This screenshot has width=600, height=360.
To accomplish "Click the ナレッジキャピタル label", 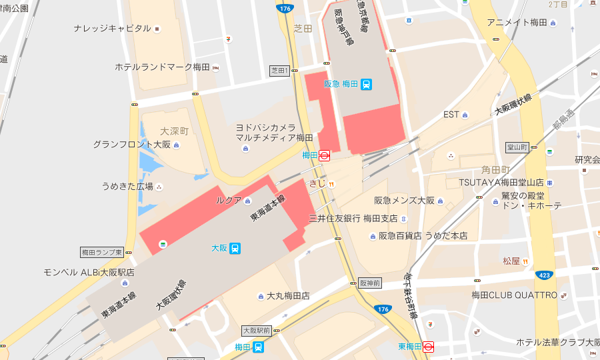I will click(112, 29).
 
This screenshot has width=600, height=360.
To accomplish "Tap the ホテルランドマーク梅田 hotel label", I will click(162, 67).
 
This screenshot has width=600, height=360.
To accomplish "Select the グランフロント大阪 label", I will click(131, 145).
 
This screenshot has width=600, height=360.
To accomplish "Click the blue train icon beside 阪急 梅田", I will click(367, 84).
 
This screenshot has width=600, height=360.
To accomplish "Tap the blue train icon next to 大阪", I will click(235, 248).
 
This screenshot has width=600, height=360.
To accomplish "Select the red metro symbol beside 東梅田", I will click(428, 347).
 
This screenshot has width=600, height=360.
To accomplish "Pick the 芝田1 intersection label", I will click(279, 70).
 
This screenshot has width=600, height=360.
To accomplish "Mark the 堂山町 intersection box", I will click(517, 147).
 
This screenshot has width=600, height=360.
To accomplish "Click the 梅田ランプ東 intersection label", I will click(101, 253).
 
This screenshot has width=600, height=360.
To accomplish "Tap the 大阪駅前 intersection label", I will click(256, 330).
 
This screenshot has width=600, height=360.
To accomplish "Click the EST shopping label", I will click(451, 115).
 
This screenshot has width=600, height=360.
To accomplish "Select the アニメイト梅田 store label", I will click(517, 23).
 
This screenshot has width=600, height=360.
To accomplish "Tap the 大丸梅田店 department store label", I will click(287, 295).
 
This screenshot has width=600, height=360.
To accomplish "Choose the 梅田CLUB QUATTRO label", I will click(514, 295).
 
